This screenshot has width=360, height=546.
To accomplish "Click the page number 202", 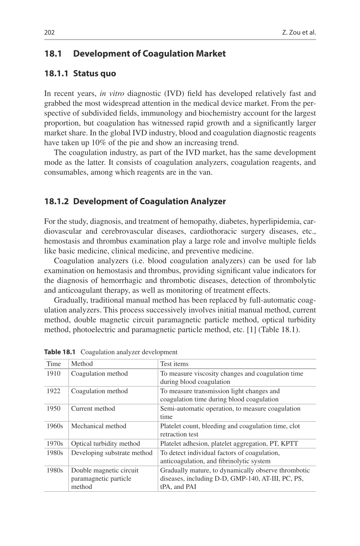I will [49, 32].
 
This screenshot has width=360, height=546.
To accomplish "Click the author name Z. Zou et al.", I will [299, 32].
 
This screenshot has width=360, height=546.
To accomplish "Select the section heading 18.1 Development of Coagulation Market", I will [135, 54].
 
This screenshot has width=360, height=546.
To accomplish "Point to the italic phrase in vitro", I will [112, 94].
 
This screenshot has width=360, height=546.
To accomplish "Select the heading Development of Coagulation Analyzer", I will [150, 202].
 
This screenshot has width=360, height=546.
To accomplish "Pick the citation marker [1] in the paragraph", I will [251, 330].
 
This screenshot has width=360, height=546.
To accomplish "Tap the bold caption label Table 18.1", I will [59, 352].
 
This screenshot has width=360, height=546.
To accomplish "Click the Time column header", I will [54, 364].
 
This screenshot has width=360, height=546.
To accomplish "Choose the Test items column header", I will [174, 364].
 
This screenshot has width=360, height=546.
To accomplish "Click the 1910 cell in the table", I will [54, 374].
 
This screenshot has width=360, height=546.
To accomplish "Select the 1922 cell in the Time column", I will [54, 391].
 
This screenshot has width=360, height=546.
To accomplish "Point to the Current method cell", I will [93, 409].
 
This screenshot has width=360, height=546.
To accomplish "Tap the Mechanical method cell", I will [98, 426].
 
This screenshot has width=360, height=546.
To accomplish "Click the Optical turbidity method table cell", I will [105, 444].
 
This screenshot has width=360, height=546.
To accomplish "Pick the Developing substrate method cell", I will [111, 453].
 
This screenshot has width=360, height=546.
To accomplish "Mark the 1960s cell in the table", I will [55, 426].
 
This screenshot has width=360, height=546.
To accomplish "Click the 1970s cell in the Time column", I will [55, 444].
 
